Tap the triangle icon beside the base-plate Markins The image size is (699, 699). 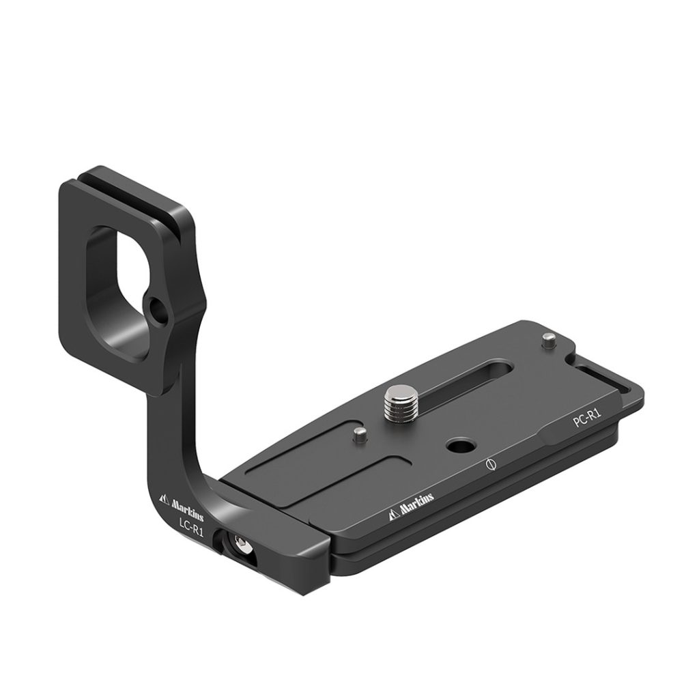pyautogui.click(x=394, y=514)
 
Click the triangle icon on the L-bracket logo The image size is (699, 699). pyautogui.click(x=164, y=499)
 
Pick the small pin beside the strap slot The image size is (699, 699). pyautogui.click(x=548, y=341)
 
